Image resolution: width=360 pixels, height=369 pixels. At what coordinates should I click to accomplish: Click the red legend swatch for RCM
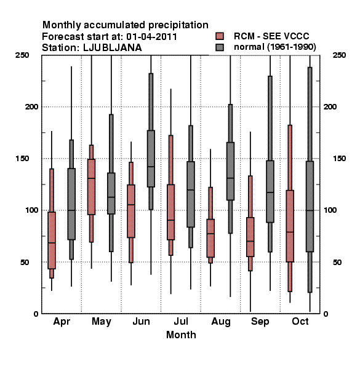pyautogui.click(x=220, y=36)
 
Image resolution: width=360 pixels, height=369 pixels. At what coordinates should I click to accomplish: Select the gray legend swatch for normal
pyautogui.click(x=220, y=47)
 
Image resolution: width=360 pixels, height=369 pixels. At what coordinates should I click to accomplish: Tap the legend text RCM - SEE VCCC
pyautogui.click(x=271, y=36)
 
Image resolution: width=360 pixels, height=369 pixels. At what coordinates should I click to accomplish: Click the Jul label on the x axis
pyautogui.click(x=181, y=321)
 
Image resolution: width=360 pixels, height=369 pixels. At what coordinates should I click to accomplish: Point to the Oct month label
pyautogui.click(x=300, y=321)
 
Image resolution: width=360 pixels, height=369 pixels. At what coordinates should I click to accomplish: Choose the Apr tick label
pyautogui.click(x=62, y=322)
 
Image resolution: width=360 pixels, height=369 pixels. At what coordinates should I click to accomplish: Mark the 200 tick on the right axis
pyautogui.click(x=330, y=106)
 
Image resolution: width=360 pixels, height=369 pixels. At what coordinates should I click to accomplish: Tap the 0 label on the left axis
pyautogui.click(x=36, y=314)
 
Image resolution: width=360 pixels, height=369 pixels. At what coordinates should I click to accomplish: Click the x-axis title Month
pyautogui.click(x=181, y=335)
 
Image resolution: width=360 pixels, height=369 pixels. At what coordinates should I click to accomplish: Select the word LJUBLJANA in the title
pyautogui.click(x=113, y=48)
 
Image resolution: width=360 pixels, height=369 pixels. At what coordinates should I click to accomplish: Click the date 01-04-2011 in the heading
pyautogui.click(x=151, y=37)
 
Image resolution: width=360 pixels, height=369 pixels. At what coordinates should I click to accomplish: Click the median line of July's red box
pyautogui.click(x=170, y=220)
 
